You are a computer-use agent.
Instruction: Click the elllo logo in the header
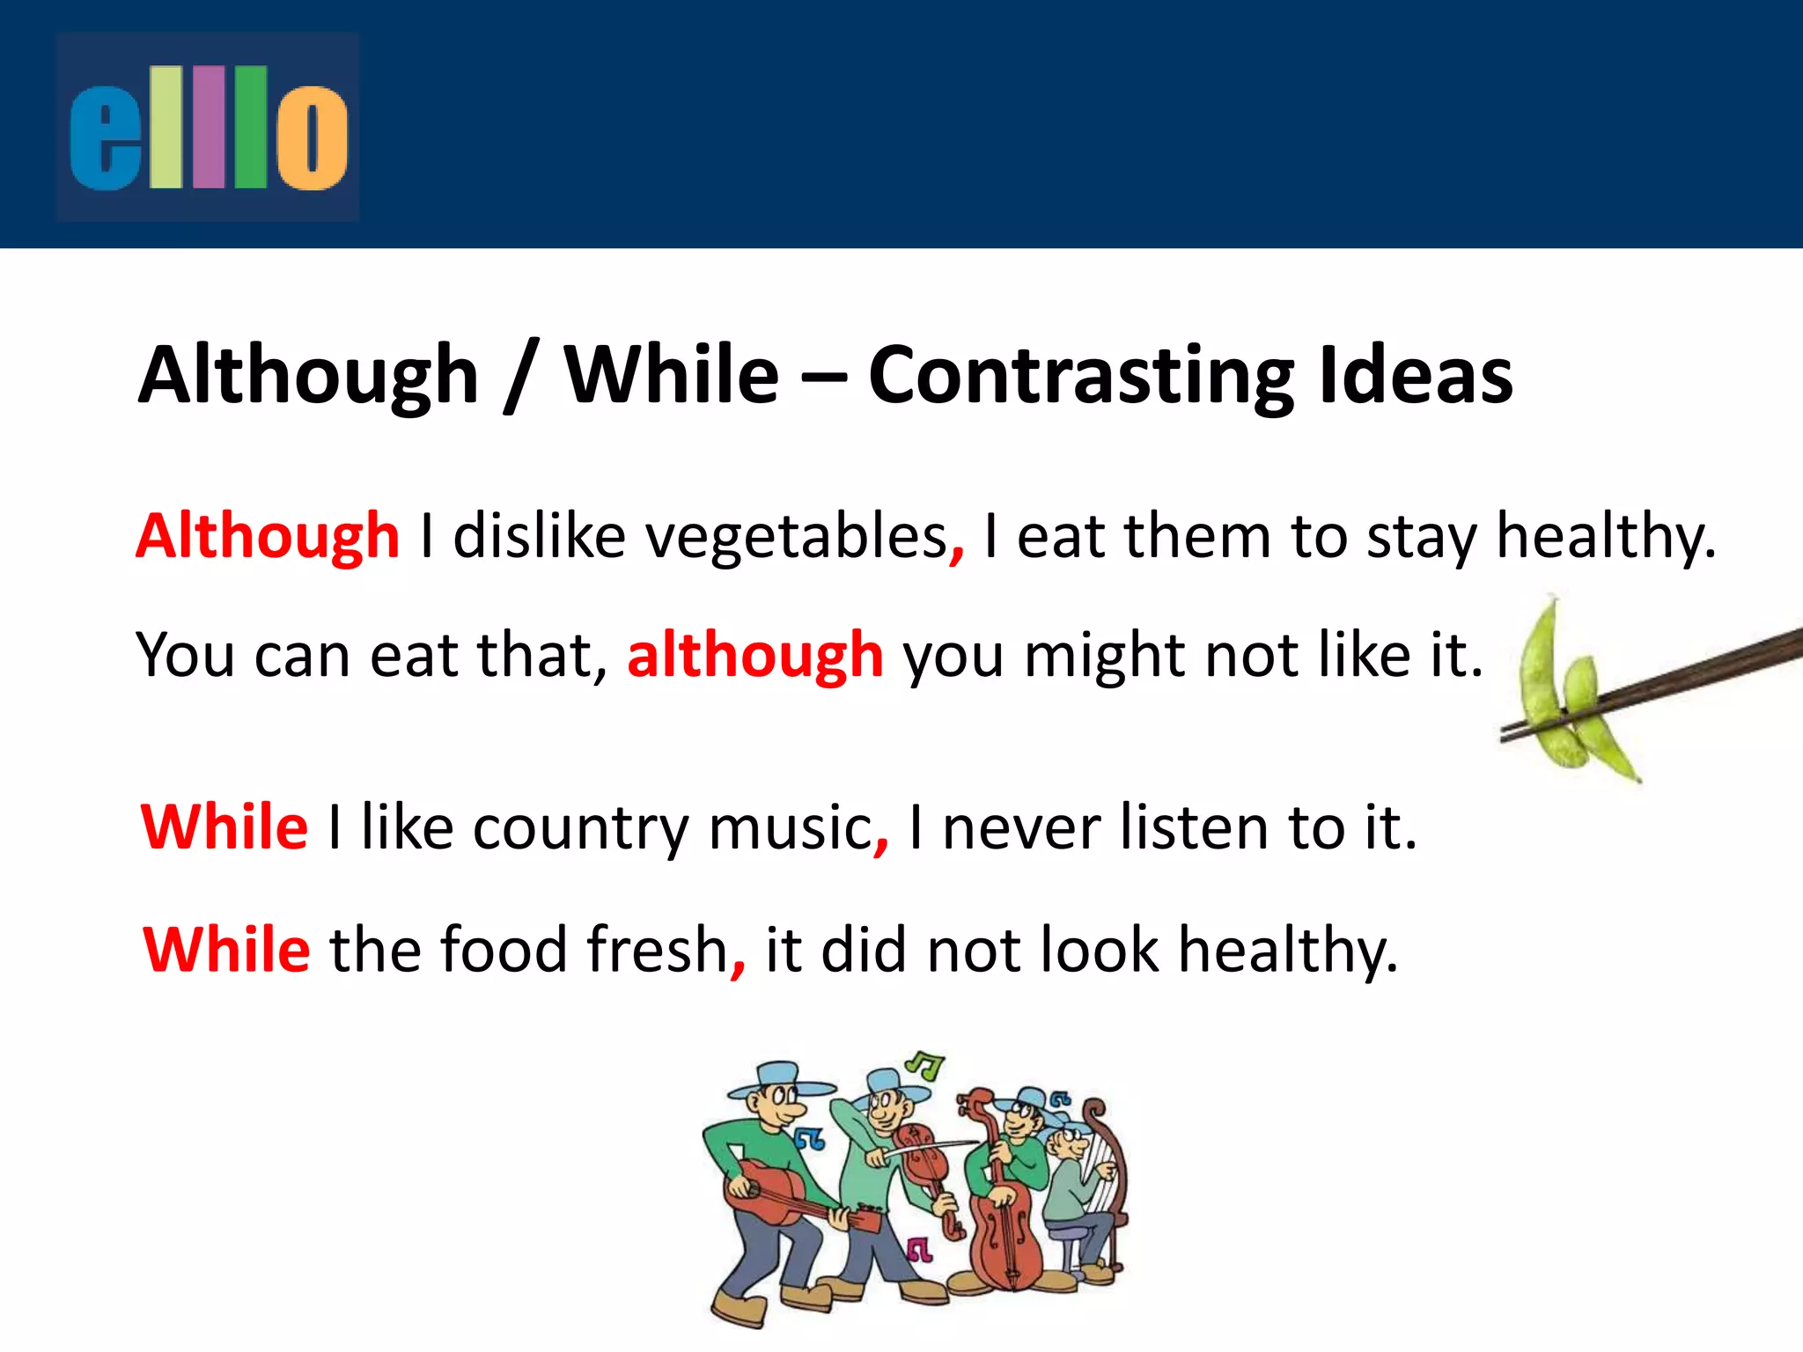[208, 127]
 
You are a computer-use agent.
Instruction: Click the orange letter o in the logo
[312, 137]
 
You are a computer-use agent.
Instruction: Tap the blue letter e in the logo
[106, 139]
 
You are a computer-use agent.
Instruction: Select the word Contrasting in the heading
[1081, 377]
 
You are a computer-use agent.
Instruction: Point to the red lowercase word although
[754, 655]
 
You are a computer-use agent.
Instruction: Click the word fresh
[657, 951]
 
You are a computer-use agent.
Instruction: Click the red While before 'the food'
[226, 951]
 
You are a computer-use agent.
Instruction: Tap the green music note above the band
[926, 1066]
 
